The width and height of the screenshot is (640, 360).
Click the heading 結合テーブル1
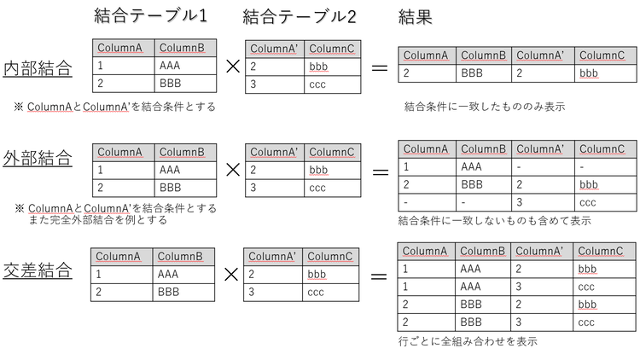pyautogui.click(x=150, y=16)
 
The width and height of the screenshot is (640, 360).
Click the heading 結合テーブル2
pyautogui.click(x=300, y=17)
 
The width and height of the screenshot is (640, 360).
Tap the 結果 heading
pyautogui.click(x=415, y=17)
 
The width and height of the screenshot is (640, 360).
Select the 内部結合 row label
pyautogui.click(x=38, y=68)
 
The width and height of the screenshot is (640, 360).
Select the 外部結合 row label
pyautogui.click(x=38, y=158)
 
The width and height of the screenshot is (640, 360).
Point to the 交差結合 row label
pyautogui.click(x=38, y=270)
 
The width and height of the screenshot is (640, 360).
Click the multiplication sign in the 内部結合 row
pyautogui.click(x=233, y=67)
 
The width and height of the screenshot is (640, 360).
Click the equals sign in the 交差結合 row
pyautogui.click(x=379, y=276)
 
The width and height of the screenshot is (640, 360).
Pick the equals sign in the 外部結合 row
pyautogui.click(x=381, y=172)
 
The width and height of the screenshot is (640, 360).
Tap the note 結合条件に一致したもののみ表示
pyautogui.click(x=485, y=107)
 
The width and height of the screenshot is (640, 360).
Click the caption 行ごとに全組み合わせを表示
pyautogui.click(x=468, y=341)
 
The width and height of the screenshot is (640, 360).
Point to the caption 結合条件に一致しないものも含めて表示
pyautogui.click(x=495, y=221)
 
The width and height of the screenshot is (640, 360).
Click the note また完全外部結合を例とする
pyautogui.click(x=97, y=220)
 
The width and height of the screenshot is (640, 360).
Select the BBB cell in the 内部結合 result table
pyautogui.click(x=472, y=73)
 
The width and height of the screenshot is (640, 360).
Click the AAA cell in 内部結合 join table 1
pyautogui.click(x=170, y=66)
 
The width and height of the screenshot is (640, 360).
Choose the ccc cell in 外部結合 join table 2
pyautogui.click(x=317, y=189)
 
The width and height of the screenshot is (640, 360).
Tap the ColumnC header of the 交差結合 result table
pyautogui.click(x=601, y=251)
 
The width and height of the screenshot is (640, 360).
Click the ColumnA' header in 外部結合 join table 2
pyautogui.click(x=274, y=152)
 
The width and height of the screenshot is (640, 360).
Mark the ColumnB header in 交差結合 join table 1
pyautogui.click(x=180, y=257)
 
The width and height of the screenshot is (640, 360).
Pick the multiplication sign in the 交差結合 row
pyautogui.click(x=231, y=275)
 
